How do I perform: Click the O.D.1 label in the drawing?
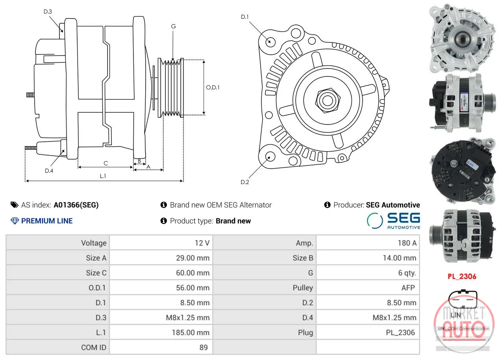[213, 87]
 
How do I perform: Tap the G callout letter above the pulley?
[174, 26]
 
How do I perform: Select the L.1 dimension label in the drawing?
[103, 176]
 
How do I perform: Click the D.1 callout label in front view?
[244, 17]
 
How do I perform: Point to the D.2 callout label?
[244, 182]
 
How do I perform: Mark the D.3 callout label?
[48, 11]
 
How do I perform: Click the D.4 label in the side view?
[49, 171]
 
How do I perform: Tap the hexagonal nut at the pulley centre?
[328, 100]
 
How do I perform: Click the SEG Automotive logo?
[394, 221]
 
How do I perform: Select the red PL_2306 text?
[462, 276]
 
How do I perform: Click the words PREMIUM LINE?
[47, 221]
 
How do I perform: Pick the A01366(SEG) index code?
[76, 205]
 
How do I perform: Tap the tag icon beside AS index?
[15, 205]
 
